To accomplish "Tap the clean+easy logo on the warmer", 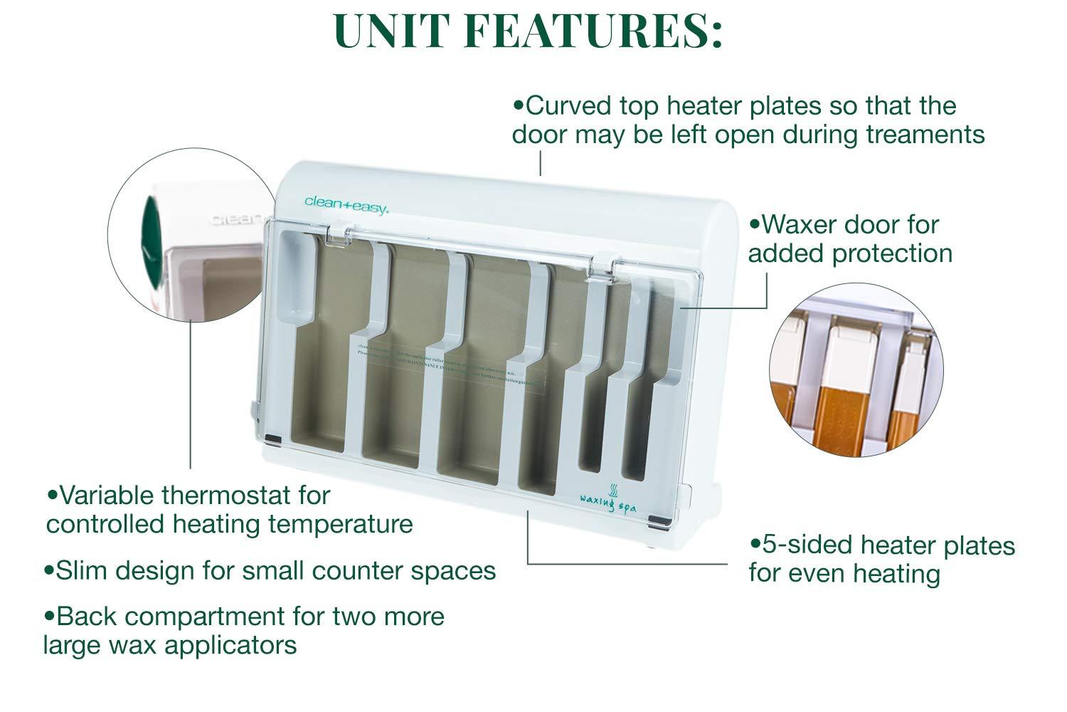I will pyautogui.click(x=346, y=202).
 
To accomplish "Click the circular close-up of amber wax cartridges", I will pyautogui.click(x=856, y=370).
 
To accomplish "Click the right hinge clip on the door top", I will pyautogui.click(x=604, y=262).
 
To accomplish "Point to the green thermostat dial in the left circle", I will pyautogui.click(x=151, y=235).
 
